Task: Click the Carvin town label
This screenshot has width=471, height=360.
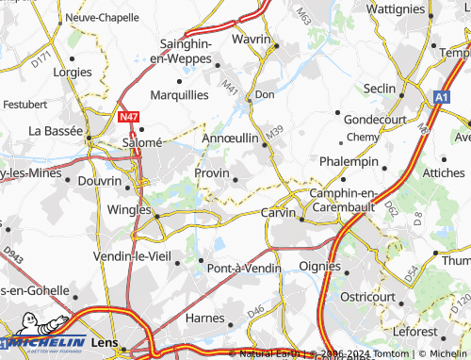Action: click(281, 212)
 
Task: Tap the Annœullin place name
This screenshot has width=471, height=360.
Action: click(231, 138)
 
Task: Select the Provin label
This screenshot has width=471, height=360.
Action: click(211, 173)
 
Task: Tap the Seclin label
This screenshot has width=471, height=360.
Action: click(380, 88)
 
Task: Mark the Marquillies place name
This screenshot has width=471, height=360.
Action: click(180, 95)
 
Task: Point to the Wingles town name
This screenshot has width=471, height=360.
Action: click(130, 209)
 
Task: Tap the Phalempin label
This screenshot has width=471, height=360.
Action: click(349, 161)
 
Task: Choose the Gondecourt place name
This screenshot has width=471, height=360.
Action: click(374, 120)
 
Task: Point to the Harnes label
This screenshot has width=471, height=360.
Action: click(204, 319)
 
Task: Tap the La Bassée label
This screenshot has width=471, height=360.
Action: click(57, 130)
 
